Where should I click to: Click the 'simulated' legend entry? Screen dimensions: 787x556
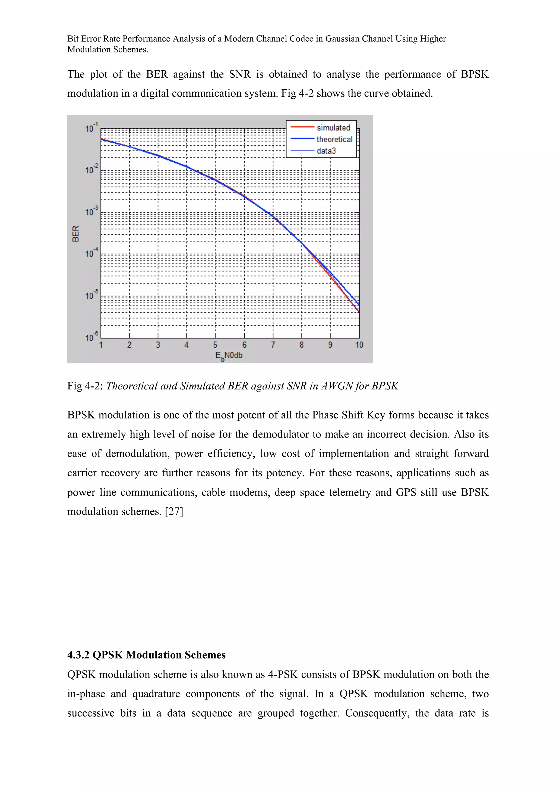click(333, 128)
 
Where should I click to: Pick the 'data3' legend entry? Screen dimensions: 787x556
click(326, 151)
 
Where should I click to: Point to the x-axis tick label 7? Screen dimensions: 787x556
click(273, 345)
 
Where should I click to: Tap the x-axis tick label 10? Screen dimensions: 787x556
click(359, 345)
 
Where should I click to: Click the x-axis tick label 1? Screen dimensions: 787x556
click(101, 345)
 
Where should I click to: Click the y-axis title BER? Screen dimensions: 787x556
click(76, 234)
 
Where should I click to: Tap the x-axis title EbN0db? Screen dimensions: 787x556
click(229, 356)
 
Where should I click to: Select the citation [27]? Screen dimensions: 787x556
click(174, 511)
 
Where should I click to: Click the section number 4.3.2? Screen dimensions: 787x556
click(78, 655)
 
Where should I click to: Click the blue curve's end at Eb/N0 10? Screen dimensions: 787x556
click(359, 304)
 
